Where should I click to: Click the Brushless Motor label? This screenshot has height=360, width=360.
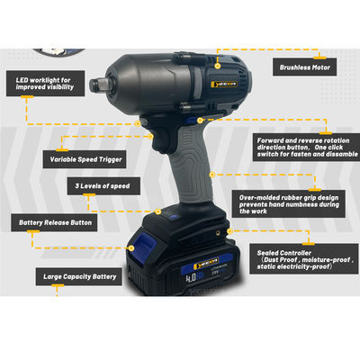(x=307, y=66)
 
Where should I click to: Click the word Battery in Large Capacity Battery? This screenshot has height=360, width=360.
(x=101, y=277)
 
